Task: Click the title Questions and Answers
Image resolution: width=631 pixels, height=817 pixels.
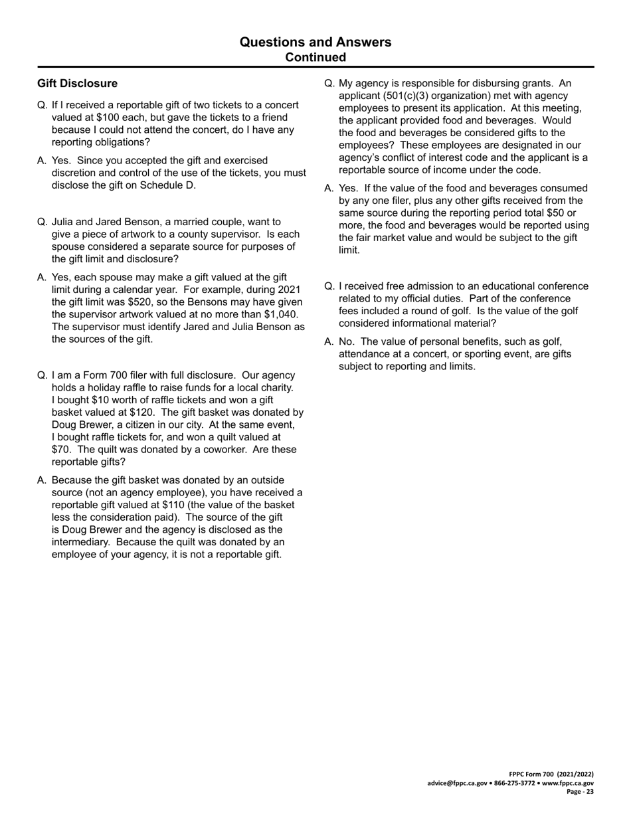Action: click(315, 43)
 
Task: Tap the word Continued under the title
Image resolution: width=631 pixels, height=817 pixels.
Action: click(315, 58)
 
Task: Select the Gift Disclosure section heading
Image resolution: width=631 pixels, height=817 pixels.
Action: click(77, 83)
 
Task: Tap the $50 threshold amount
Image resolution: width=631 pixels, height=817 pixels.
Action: click(549, 213)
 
